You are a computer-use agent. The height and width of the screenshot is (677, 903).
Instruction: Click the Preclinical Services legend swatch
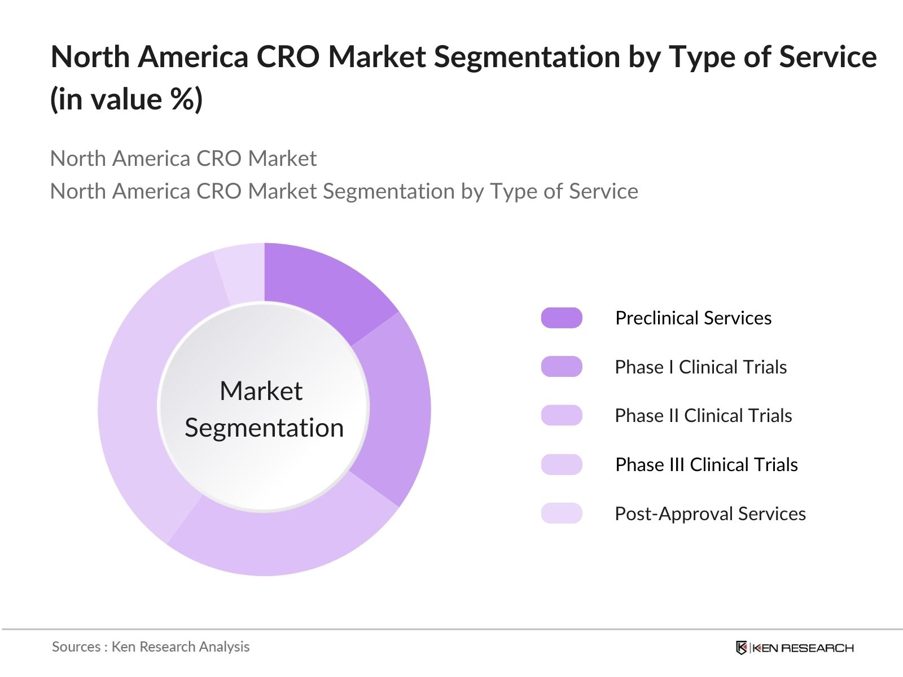(562, 318)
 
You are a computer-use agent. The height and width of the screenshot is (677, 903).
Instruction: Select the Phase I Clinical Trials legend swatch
(562, 367)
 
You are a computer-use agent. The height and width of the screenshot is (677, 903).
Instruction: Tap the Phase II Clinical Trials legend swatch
(562, 415)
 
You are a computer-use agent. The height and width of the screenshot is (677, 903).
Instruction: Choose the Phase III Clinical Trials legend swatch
(562, 464)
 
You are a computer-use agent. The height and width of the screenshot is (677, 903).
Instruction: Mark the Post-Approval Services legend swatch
(562, 513)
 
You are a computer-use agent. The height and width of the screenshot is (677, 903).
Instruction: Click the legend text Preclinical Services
(693, 318)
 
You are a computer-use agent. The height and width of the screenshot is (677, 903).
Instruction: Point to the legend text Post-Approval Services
(710, 513)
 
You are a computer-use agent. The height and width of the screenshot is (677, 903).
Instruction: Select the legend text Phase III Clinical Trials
(706, 464)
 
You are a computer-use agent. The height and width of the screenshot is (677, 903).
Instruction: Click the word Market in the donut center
(261, 391)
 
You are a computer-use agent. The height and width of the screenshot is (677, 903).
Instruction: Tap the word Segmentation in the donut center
(264, 428)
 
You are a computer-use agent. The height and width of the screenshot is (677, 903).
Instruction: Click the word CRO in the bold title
(288, 57)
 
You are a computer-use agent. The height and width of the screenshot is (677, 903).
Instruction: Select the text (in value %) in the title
(126, 100)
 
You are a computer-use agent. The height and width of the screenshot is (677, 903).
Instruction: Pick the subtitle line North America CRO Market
(183, 159)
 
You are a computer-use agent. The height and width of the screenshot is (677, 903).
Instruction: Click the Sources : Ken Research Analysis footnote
(151, 647)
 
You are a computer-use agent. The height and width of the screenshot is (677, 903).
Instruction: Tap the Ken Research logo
(795, 648)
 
